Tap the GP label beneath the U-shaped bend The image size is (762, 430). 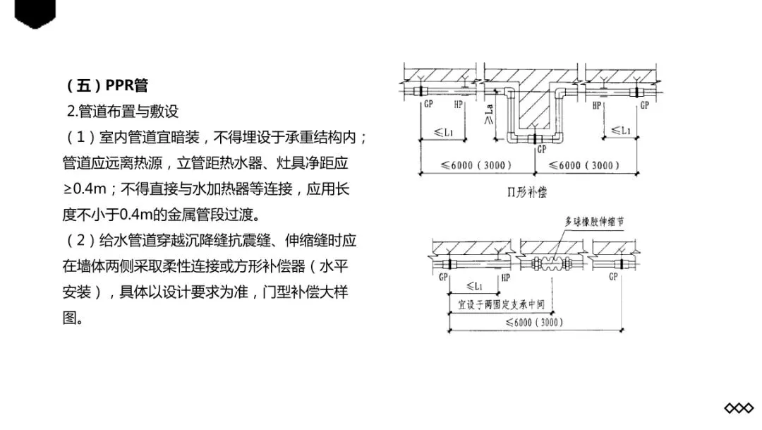541,150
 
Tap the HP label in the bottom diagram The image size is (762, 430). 505,277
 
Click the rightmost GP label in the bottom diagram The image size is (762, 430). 613,277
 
